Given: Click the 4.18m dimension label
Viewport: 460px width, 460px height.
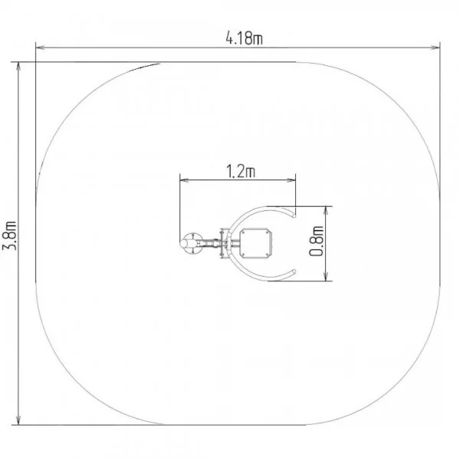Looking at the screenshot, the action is click(x=244, y=38).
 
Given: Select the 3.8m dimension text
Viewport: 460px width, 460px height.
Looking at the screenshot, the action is click(x=9, y=235).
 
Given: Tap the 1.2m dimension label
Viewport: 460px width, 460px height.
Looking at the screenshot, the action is click(x=241, y=171).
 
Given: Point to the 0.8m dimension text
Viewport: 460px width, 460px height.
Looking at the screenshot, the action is click(x=317, y=242).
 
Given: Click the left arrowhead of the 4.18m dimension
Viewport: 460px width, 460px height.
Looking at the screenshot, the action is click(x=40, y=48).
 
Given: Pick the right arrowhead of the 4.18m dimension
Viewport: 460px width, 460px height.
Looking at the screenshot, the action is click(x=435, y=48).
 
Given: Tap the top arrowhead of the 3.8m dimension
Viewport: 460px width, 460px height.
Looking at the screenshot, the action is click(x=18, y=67).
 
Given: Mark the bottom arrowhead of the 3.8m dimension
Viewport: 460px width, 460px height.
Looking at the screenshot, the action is click(x=18, y=420).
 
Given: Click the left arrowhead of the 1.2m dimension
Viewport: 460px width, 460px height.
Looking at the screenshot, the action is click(x=184, y=180).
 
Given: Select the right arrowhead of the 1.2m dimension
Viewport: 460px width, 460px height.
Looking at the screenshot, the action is click(x=291, y=180).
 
